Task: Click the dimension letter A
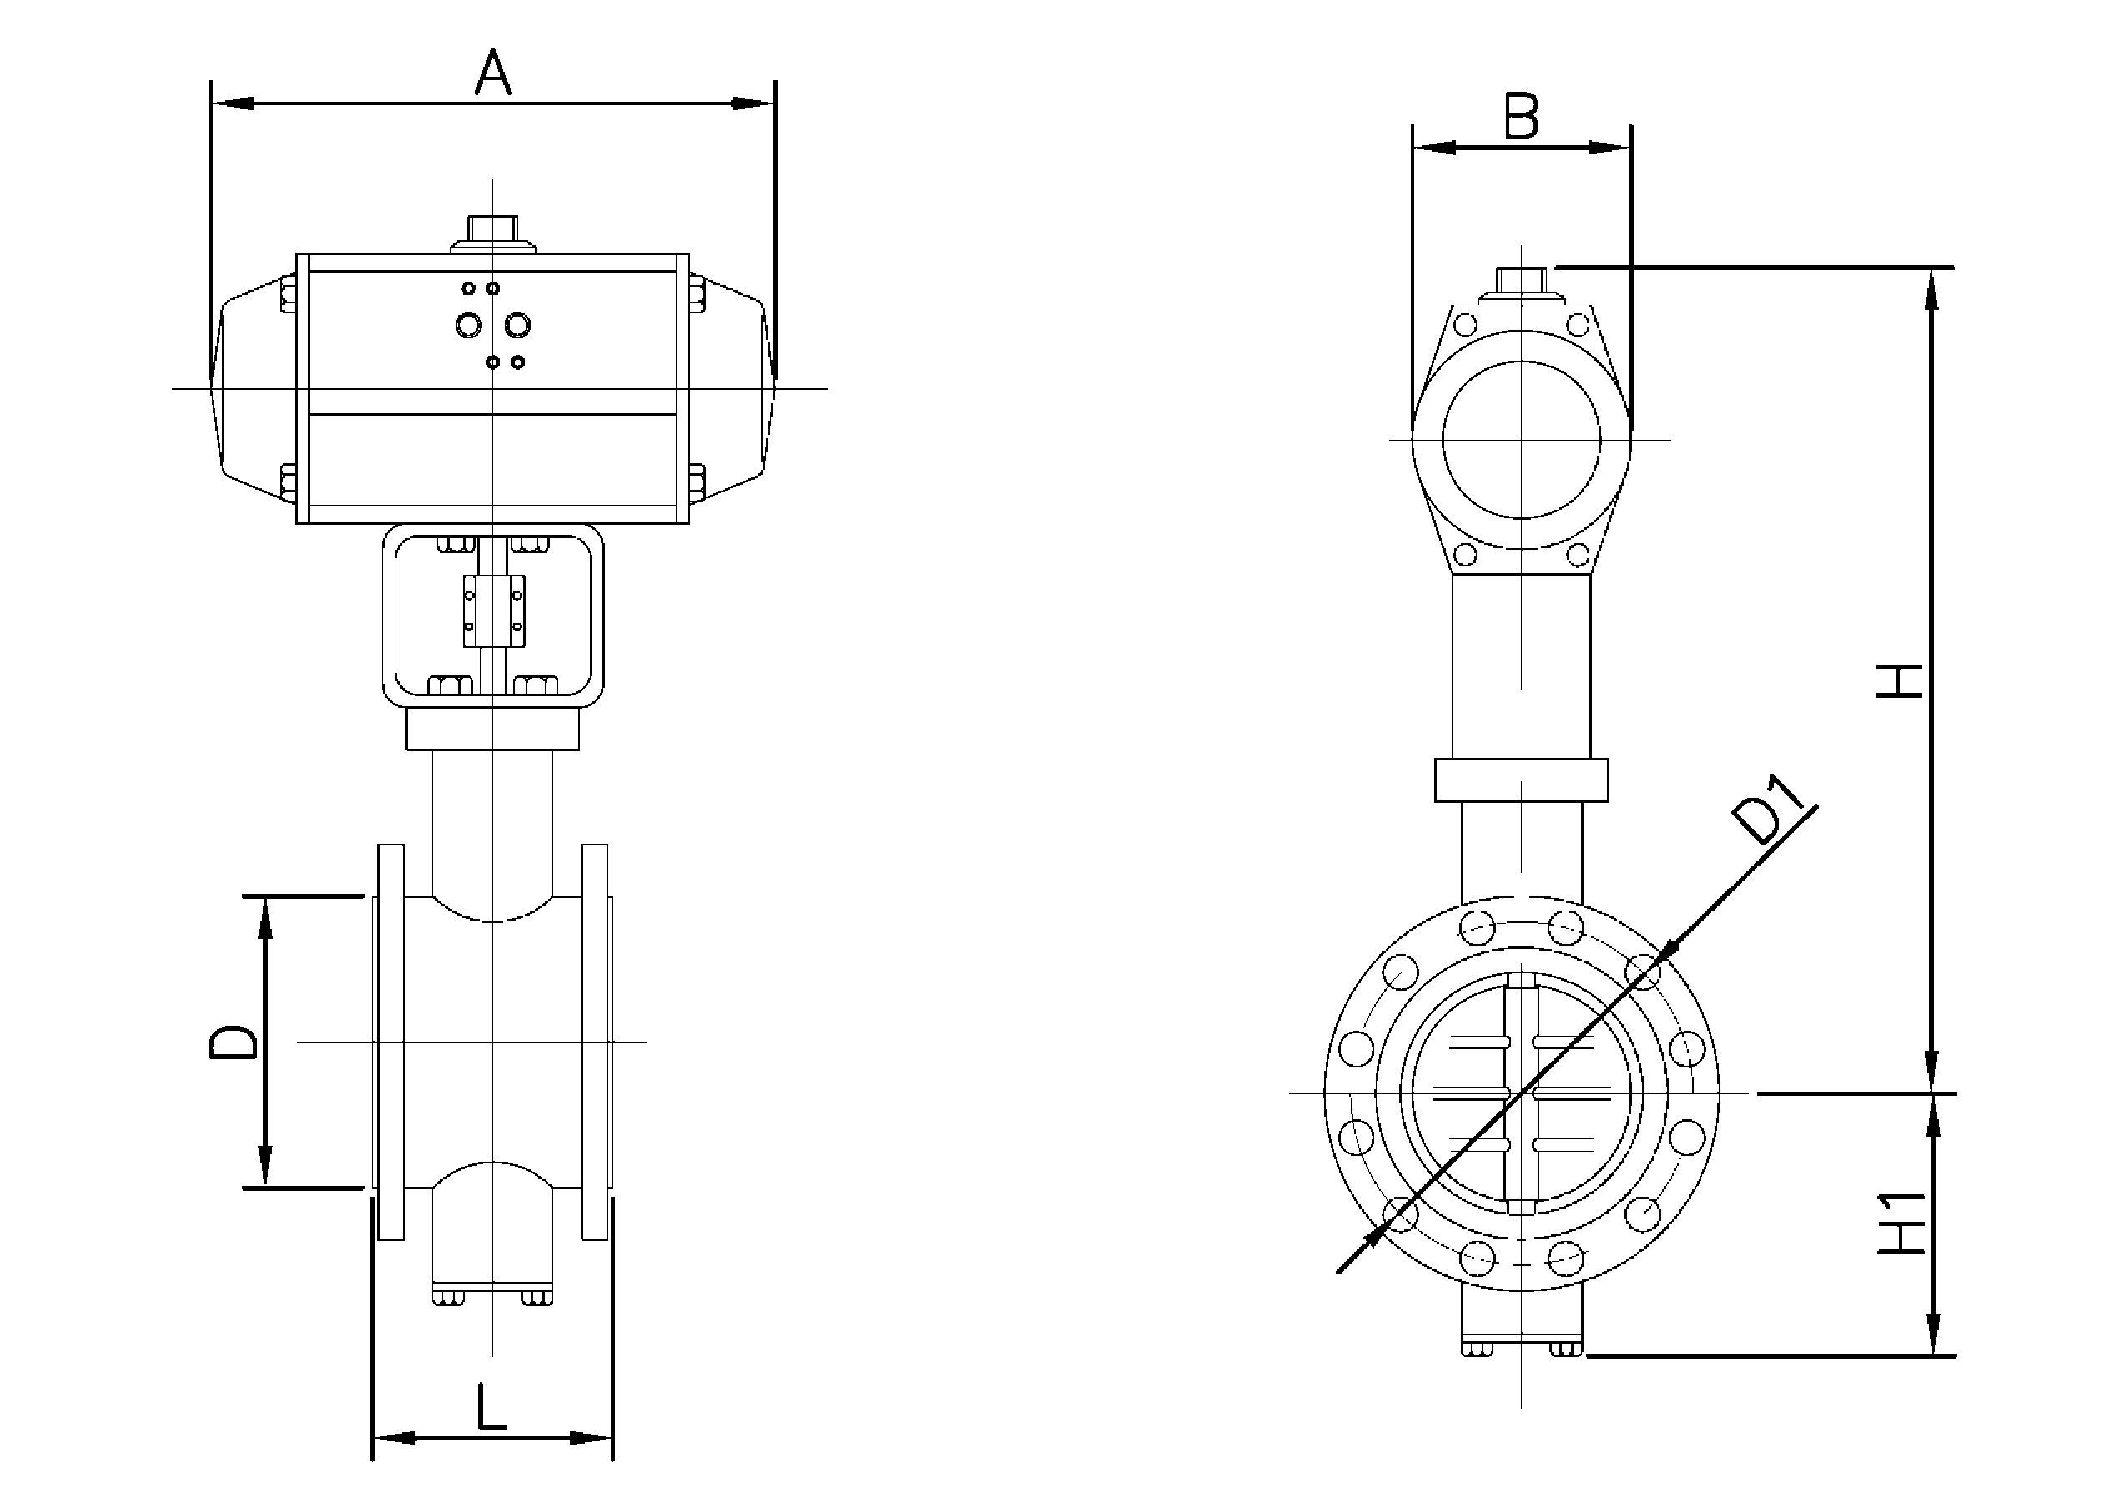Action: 493,73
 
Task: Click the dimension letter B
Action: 1522,117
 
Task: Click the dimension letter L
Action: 492,1406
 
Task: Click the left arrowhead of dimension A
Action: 233,103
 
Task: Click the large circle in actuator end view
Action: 1522,439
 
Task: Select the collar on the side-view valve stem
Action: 1521,780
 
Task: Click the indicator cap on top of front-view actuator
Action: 493,230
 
